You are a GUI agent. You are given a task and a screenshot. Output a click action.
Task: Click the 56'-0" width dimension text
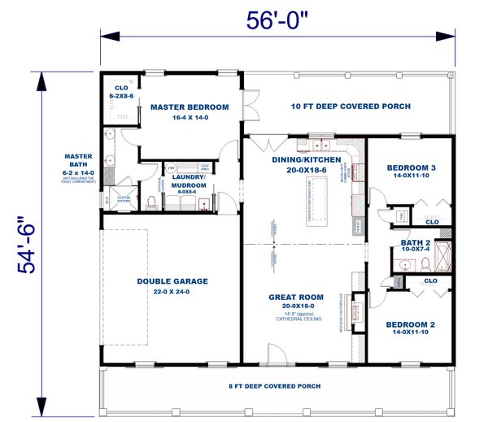[x=284, y=20]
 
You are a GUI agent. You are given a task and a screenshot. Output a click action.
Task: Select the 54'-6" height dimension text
[x=32, y=244]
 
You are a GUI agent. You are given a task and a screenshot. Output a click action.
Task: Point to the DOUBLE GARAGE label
[x=172, y=281]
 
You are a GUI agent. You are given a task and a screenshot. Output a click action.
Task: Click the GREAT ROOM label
[x=296, y=297]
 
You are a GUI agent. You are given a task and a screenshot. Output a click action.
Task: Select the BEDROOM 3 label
[x=411, y=168]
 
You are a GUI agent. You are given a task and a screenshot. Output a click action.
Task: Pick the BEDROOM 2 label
[x=410, y=324]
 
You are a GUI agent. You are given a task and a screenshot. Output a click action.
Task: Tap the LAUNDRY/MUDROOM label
[x=188, y=181]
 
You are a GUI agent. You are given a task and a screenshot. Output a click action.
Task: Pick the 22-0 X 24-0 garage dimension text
[x=172, y=291]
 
